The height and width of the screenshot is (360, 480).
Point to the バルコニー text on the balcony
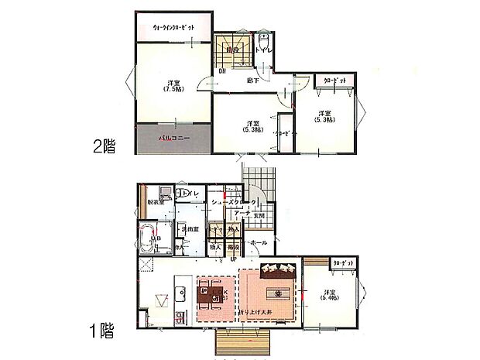[x=174, y=138]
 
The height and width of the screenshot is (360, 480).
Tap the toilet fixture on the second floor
[x=264, y=46]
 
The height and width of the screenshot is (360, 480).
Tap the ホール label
[x=258, y=242]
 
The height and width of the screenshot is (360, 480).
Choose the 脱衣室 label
[x=156, y=203]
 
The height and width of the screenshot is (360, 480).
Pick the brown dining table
[x=207, y=295]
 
